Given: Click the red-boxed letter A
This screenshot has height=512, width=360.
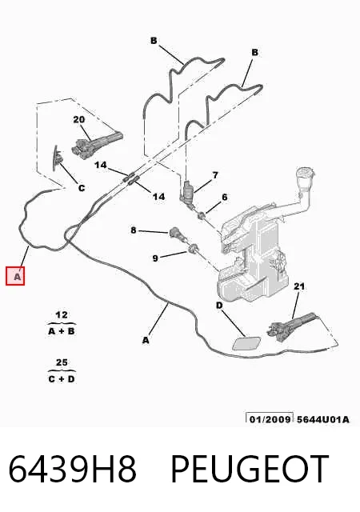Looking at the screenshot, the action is tap(15, 276).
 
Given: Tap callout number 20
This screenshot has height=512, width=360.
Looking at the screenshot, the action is tap(78, 120).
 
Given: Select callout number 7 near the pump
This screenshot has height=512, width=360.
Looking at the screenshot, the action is tap(215, 175).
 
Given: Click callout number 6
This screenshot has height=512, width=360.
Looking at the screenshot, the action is tap(225, 198).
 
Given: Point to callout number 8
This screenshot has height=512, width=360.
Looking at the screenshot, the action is tap(134, 230).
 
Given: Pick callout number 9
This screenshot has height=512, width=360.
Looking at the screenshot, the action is tap(155, 258).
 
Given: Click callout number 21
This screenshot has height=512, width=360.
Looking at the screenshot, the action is tap(299, 286).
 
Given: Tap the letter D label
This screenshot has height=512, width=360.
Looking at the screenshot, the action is tap(219, 306).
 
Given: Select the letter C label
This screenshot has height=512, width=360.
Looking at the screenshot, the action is tap(82, 188).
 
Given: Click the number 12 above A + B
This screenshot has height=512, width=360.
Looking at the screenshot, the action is tap(62, 315).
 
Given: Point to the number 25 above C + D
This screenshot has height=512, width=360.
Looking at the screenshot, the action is tap(62, 362).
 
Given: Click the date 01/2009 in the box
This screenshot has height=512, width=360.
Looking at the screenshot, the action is tap(270, 419).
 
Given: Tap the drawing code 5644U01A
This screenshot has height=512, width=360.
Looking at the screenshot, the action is tap(322, 419).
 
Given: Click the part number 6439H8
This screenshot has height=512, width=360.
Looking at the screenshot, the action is tap(72, 469).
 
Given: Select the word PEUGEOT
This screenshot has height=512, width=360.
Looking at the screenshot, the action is tap(250, 469).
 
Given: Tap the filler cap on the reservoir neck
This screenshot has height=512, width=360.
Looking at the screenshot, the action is tap(305, 174).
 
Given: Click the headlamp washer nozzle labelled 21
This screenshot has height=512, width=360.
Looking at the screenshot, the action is tap(290, 327).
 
